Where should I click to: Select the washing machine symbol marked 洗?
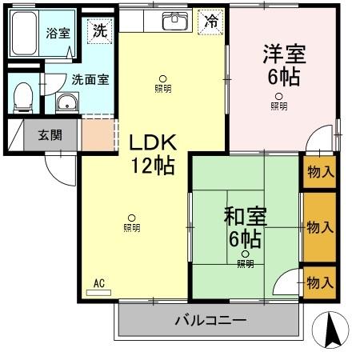point(99,31)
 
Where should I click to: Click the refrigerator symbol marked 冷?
point(211,22)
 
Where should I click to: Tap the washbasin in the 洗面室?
point(66,102)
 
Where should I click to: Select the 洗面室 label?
point(90,80)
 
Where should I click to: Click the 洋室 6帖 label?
point(284,67)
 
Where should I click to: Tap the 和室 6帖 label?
point(245,226)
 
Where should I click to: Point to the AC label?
point(99,282)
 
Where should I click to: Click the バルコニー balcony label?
point(210,321)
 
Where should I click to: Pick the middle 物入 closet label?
point(320,227)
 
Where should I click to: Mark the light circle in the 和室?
point(245,254)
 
